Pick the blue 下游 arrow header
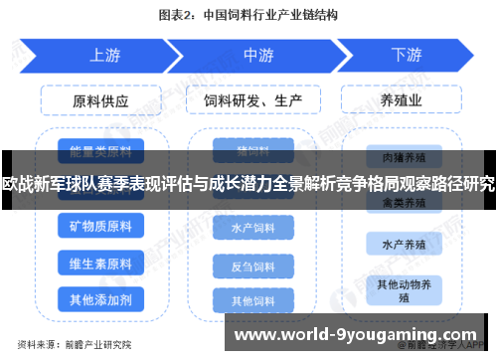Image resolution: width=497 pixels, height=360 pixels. tap(406, 56)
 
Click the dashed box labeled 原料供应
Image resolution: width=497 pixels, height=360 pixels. tap(100, 101)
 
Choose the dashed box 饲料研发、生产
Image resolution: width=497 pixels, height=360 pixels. tap(253, 101)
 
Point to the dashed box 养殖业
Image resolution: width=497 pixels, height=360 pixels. tap(404, 101)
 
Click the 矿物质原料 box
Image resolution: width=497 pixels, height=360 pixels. tap(100, 228)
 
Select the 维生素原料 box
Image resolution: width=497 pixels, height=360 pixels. tap(100, 264)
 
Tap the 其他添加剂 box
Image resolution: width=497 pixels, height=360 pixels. tap(100, 298)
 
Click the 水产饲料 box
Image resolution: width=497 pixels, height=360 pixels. tap(252, 229)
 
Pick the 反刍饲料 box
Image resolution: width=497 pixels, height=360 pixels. tap(252, 267)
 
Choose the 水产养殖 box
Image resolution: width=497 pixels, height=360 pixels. tap(402, 242)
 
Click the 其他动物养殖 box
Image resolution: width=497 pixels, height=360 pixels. tap(402, 289)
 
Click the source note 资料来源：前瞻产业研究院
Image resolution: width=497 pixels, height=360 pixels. tap(76, 345)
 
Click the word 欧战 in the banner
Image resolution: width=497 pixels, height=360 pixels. tap(17, 184)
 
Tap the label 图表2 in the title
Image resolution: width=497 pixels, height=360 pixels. tap(179, 16)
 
